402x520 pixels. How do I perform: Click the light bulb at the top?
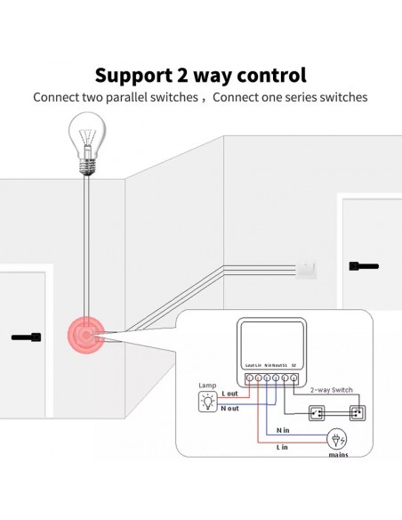click(x=88, y=141)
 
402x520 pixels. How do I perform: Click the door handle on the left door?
click(x=27, y=337)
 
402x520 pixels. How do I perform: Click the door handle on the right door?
click(x=364, y=264)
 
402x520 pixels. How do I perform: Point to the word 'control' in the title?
click(x=267, y=75)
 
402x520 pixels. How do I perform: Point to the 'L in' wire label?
click(x=282, y=447)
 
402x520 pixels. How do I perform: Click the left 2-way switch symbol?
click(x=317, y=413)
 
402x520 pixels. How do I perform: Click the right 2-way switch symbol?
click(x=358, y=413)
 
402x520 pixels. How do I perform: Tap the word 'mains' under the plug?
click(x=338, y=455)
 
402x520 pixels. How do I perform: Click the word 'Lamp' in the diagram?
click(x=206, y=385)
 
